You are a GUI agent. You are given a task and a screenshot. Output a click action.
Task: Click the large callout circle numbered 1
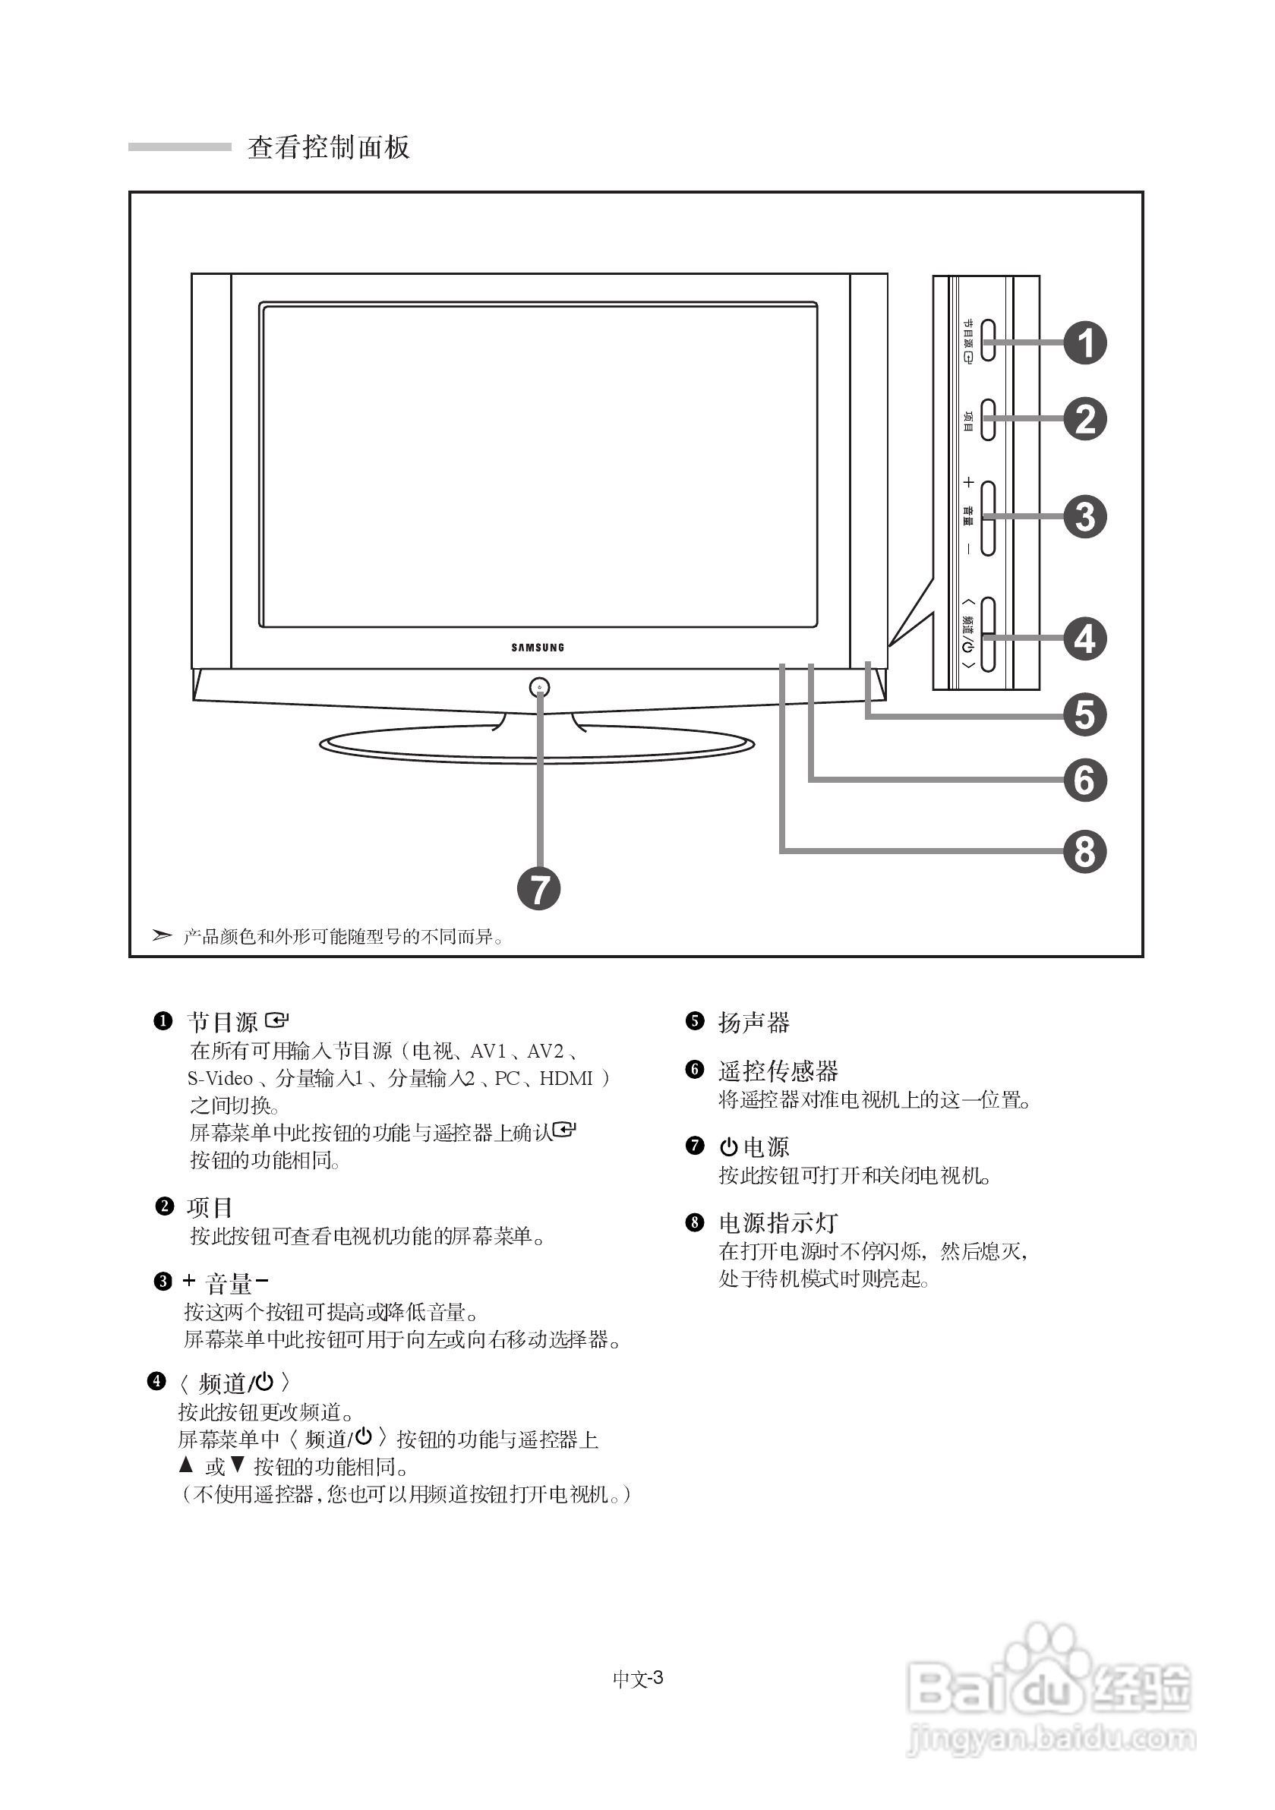[1085, 343]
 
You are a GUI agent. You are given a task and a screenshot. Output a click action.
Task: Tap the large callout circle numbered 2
[1085, 418]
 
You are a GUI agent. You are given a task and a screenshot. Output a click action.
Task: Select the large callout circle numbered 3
[1085, 517]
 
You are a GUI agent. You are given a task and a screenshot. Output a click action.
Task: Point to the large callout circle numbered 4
[1085, 639]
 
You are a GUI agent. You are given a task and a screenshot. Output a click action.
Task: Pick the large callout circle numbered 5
[1085, 715]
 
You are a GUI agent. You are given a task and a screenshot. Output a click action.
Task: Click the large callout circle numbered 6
[1085, 780]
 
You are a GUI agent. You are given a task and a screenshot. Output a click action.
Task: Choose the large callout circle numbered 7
[538, 888]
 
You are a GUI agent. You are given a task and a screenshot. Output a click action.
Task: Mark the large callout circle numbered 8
[1085, 852]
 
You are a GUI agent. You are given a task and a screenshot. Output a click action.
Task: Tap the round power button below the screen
[539, 687]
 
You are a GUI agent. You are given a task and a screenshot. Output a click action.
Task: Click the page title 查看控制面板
[329, 147]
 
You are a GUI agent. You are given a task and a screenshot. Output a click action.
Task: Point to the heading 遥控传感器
[778, 1071]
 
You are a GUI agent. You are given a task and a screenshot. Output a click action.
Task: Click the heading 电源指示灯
[778, 1222]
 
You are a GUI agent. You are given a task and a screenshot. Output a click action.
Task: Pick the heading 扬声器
[753, 1023]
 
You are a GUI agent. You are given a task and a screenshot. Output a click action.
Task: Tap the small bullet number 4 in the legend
[157, 1381]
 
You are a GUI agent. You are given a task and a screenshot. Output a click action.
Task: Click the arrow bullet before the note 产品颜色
[162, 935]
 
